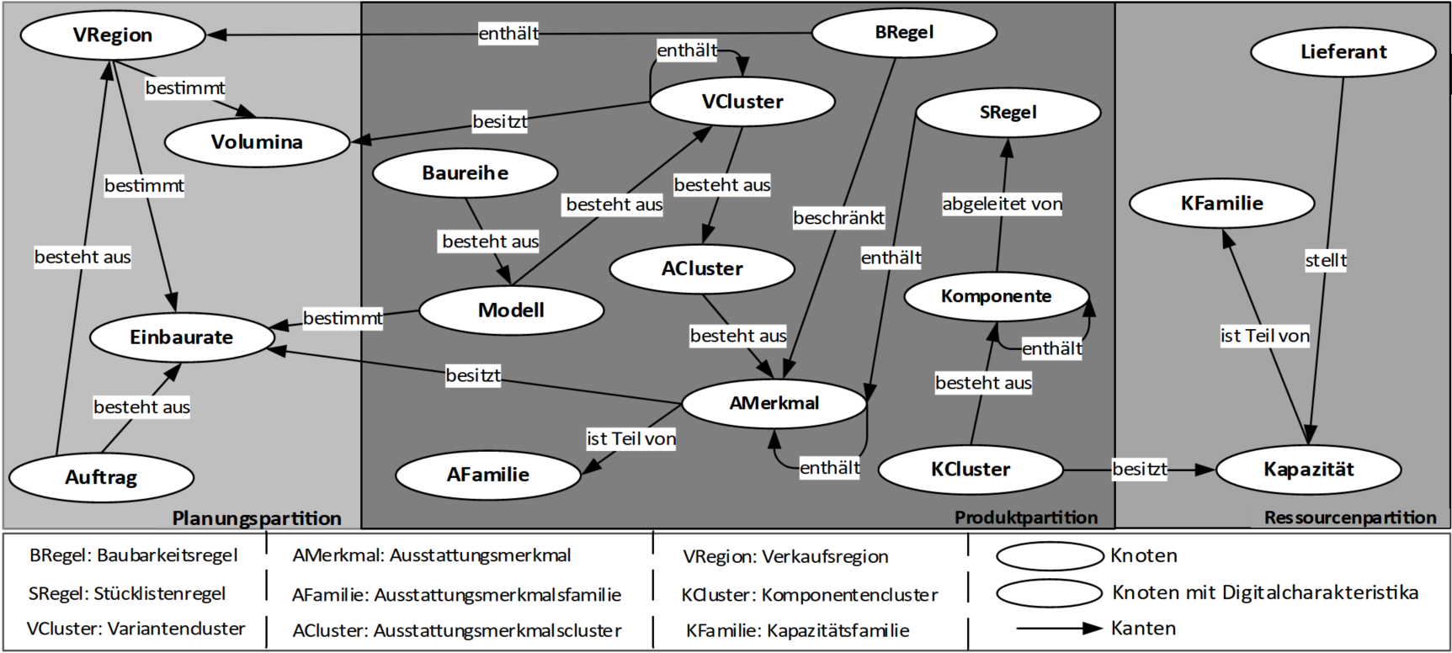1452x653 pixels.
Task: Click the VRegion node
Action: [x=113, y=35]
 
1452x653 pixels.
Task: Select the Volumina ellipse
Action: [x=257, y=142]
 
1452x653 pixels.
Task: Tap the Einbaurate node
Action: [x=182, y=337]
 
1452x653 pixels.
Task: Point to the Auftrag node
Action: [x=101, y=477]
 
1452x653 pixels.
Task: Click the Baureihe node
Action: [x=465, y=173]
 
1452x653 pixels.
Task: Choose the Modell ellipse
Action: [x=511, y=311]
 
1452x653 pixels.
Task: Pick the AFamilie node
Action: [x=487, y=475]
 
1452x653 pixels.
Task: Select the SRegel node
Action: [x=1008, y=112]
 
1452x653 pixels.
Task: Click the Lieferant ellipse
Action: [x=1343, y=52]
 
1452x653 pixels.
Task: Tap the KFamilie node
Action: [x=1221, y=203]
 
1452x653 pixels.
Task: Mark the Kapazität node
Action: [x=1308, y=470]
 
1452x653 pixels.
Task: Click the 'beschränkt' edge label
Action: [x=838, y=218]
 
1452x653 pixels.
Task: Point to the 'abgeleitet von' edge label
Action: [x=1002, y=204]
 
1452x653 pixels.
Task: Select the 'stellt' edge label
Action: [x=1326, y=260]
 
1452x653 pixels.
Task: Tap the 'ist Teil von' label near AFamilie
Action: [x=631, y=438]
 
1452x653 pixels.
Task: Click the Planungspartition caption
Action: [x=257, y=518]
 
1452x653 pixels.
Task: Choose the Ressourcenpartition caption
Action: [x=1349, y=518]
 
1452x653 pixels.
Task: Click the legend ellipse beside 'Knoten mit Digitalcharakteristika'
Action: [x=1049, y=592]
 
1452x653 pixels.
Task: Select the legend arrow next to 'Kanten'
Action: [x=1059, y=628]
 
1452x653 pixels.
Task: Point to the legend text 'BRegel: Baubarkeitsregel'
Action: [x=133, y=555]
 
